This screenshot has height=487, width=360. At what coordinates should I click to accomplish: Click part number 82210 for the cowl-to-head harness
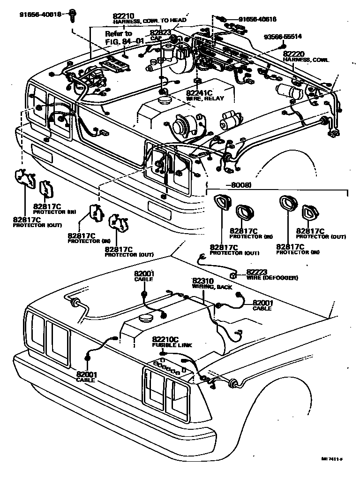123,15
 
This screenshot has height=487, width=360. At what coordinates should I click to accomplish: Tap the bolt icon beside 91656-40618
72,15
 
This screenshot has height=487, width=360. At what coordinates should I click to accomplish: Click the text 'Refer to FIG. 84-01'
119,38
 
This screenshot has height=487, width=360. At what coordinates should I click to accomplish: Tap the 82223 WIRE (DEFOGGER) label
271,275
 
